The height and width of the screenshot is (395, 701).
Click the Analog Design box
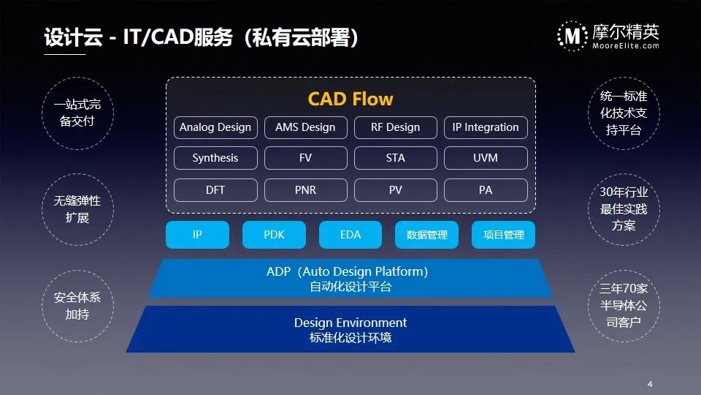point(215,127)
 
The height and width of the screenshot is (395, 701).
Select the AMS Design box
point(305,127)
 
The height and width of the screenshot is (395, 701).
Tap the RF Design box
point(396,127)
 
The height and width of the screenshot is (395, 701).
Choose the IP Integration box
point(486,127)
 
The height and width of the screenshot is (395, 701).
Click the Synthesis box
point(215,158)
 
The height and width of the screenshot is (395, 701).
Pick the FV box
point(305,158)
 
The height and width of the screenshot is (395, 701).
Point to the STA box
point(396,158)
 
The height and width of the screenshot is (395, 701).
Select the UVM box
point(486,158)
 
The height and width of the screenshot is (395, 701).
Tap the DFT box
point(215,190)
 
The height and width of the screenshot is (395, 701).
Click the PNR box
point(305,190)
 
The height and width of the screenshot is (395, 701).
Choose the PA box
point(486,190)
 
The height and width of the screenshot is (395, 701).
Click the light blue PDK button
point(274,235)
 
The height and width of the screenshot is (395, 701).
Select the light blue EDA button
point(350,235)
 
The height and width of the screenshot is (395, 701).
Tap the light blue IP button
point(197,235)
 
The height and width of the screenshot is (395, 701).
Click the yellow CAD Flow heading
point(350,99)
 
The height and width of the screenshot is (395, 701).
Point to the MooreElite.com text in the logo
point(626,45)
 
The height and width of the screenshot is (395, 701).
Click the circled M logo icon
point(572,36)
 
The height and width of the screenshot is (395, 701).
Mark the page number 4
point(650,384)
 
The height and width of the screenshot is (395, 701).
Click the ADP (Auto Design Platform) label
point(348,271)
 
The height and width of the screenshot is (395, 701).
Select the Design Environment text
point(350,323)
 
